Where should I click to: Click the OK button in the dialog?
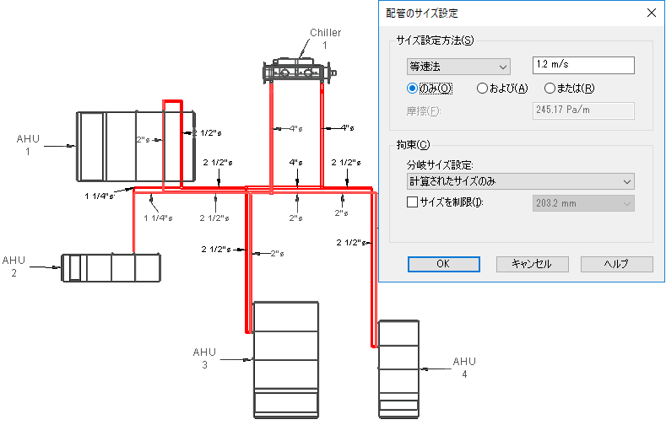coord(444,264)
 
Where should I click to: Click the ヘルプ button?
coord(617,264)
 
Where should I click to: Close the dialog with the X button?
coord(652,13)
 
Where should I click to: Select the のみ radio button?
coord(412,89)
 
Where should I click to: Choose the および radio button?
coord(482,89)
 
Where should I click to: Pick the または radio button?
coord(550,89)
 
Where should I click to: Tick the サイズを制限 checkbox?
coord(412,202)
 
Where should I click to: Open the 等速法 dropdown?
coord(458,67)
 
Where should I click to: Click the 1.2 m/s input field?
coord(583,65)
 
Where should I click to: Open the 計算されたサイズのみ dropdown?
coord(520,181)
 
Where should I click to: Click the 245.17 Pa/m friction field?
coord(583,110)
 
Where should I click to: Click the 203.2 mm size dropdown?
coord(583,203)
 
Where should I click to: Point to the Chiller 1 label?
coord(325,39)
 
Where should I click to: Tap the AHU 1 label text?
coord(28,145)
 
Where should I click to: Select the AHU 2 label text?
coord(14,266)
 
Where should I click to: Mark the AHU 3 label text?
coord(204,358)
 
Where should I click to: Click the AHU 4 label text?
coord(464,368)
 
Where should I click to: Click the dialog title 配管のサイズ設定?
coord(422,13)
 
